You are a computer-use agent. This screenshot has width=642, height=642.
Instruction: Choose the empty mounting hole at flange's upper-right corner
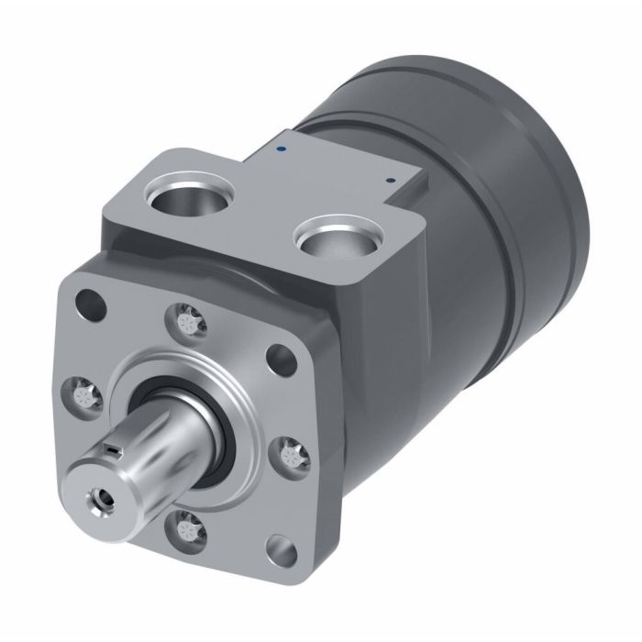tap(279, 356)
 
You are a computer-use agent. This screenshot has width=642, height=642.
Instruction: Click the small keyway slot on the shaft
tap(112, 449)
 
